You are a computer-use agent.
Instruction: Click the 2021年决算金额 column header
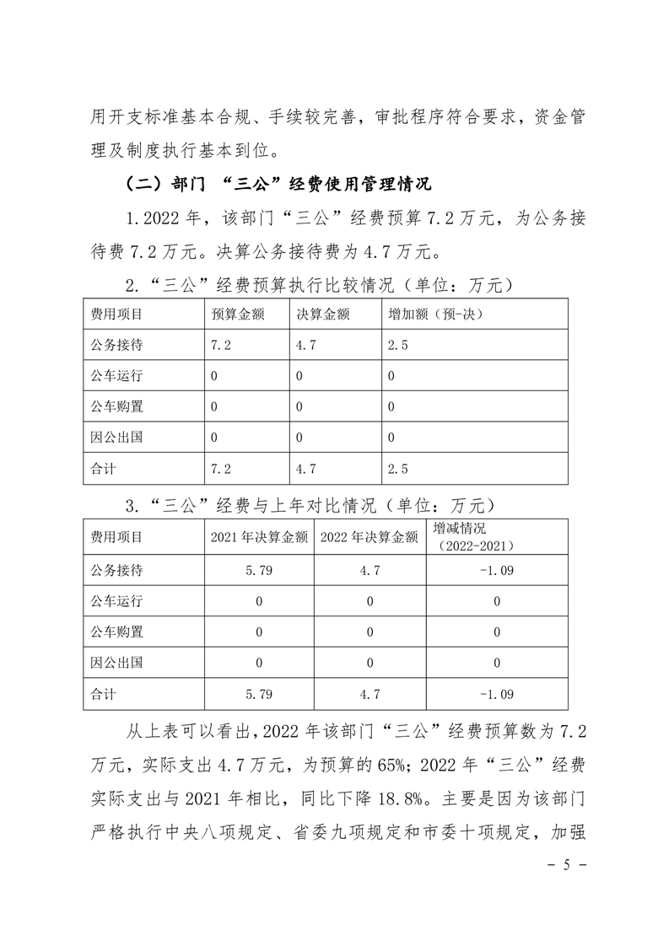[258, 537]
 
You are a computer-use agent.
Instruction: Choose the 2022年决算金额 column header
[370, 537]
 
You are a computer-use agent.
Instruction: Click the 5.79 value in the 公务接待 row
[258, 570]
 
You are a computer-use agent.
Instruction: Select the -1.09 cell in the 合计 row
[496, 695]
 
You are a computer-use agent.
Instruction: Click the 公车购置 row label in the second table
[116, 632]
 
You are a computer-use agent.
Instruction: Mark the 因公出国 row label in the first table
[116, 438]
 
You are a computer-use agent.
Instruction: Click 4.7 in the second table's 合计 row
[370, 695]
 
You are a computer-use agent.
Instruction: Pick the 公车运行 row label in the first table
[116, 375]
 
